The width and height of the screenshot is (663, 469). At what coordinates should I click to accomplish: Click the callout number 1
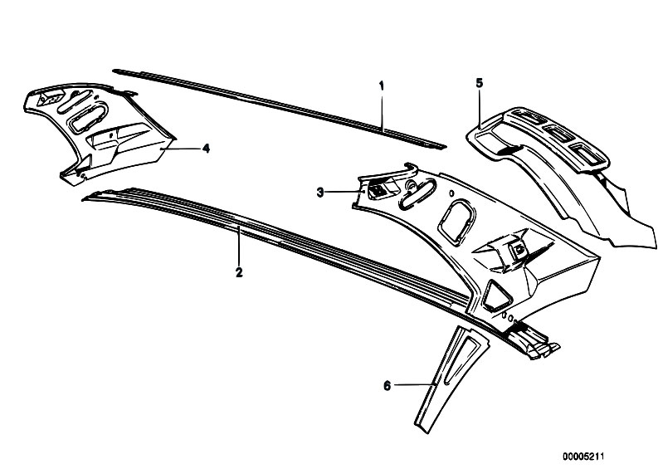pyautogui.click(x=382, y=86)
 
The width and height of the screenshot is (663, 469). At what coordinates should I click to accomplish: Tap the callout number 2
pyautogui.click(x=239, y=272)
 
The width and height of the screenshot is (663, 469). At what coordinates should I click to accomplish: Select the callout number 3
pyautogui.click(x=320, y=193)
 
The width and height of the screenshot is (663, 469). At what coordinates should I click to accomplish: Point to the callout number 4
pyautogui.click(x=206, y=149)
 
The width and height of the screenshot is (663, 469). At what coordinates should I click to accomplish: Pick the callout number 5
pyautogui.click(x=479, y=83)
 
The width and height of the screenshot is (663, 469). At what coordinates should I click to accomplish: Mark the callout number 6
pyautogui.click(x=387, y=386)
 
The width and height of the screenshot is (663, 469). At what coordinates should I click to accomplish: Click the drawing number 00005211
pyautogui.click(x=583, y=457)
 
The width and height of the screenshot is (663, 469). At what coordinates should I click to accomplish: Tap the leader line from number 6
pyautogui.click(x=415, y=384)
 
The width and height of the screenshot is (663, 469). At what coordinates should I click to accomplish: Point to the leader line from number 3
pyautogui.click(x=344, y=192)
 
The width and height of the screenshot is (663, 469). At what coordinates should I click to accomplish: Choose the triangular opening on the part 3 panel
pyautogui.click(x=496, y=295)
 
